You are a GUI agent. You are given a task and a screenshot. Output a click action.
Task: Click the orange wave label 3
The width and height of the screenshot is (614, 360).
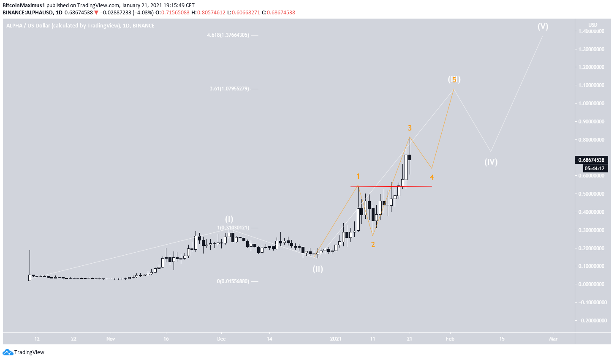(x=410, y=128)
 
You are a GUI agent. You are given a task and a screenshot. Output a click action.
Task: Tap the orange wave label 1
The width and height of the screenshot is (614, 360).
(x=358, y=176)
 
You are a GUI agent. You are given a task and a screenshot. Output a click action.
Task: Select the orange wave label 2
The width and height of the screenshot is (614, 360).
(x=373, y=245)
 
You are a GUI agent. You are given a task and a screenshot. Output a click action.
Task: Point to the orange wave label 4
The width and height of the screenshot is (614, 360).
(x=432, y=177)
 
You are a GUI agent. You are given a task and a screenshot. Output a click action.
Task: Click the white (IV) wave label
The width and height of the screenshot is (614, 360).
(x=491, y=162)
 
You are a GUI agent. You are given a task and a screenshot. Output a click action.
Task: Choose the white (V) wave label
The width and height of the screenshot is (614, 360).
(x=543, y=26)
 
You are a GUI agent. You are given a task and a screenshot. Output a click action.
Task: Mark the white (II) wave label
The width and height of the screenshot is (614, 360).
(x=318, y=269)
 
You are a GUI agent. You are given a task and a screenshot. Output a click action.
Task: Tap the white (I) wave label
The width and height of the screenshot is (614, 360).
(x=229, y=219)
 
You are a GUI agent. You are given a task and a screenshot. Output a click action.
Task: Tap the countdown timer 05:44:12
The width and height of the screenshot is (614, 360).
(x=595, y=168)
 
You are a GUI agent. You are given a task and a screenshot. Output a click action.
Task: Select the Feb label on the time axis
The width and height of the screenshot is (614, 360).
(x=450, y=339)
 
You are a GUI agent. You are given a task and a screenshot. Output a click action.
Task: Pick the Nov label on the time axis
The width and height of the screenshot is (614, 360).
(x=111, y=339)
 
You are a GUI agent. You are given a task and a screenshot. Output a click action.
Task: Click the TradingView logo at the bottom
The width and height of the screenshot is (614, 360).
(x=24, y=352)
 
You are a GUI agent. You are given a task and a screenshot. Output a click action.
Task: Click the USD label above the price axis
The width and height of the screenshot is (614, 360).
(x=593, y=25)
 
